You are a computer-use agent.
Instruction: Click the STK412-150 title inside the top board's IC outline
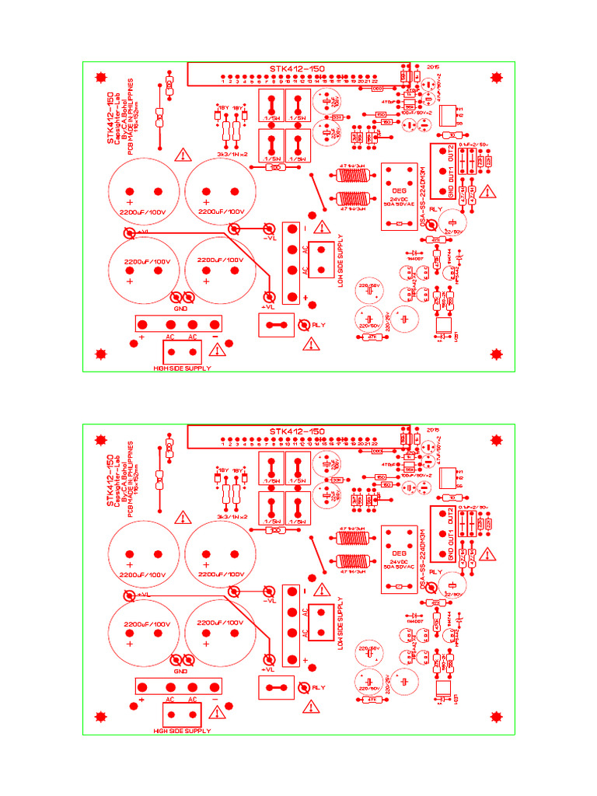pyautogui.click(x=297, y=68)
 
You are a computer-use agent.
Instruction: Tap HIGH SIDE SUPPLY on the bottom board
pyautogui.click(x=182, y=731)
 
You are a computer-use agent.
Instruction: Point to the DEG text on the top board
pyautogui.click(x=400, y=190)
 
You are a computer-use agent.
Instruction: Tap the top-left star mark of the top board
pyautogui.click(x=99, y=77)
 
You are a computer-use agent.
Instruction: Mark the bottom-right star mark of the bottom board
pyautogui.click(x=496, y=717)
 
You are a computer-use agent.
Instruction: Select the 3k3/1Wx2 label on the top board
pyautogui.click(x=232, y=155)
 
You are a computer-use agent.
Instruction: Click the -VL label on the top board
pyautogui.click(x=270, y=239)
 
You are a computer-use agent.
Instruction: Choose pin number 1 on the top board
pyautogui.click(x=223, y=80)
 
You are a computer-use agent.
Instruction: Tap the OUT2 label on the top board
pyautogui.click(x=449, y=151)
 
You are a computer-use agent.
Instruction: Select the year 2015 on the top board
pyautogui.click(x=433, y=67)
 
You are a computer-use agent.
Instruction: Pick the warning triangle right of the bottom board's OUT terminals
pyautogui.click(x=487, y=553)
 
